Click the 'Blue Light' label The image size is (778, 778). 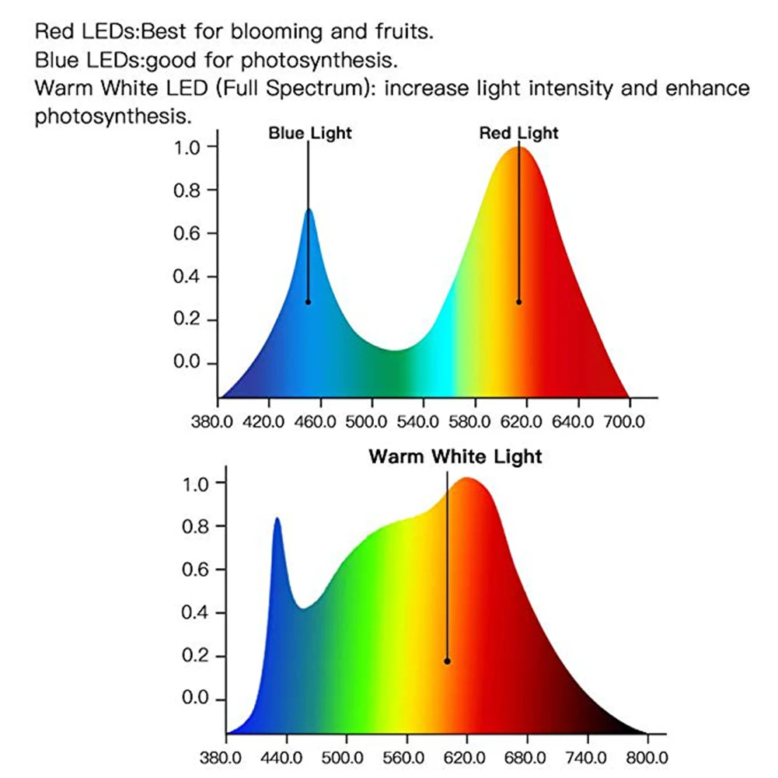[310, 133]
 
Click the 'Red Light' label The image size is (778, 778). [518, 133]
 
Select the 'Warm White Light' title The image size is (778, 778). [455, 456]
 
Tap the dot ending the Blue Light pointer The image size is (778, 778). [308, 302]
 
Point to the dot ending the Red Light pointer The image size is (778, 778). [518, 302]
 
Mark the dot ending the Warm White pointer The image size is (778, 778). [447, 661]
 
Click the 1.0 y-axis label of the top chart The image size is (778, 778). [185, 147]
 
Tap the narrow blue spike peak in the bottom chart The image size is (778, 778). [276, 519]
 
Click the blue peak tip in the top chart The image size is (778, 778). [309, 210]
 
